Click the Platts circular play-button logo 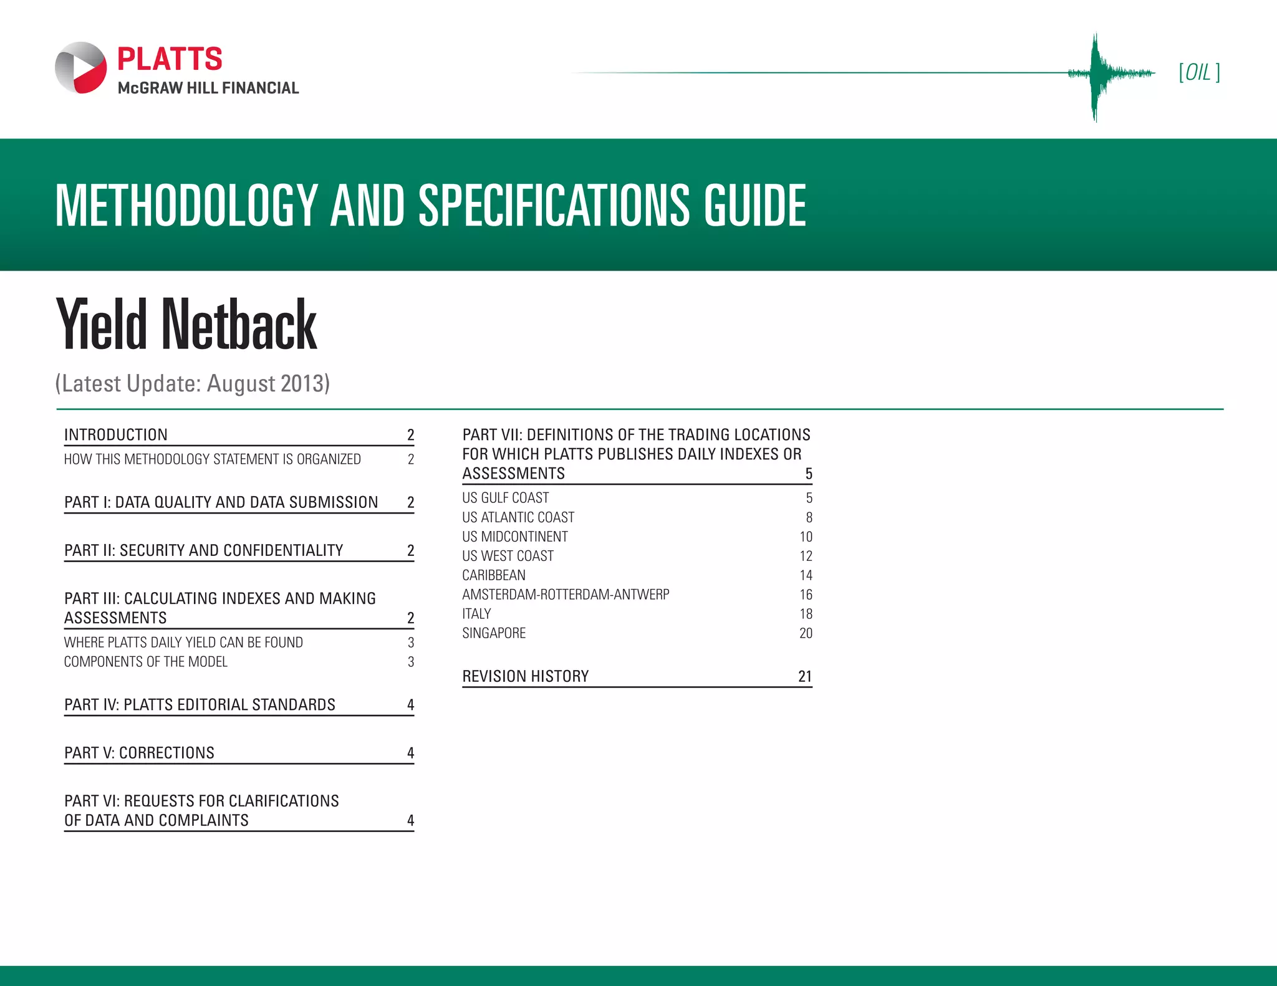81,68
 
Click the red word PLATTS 170,59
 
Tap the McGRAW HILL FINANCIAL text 208,88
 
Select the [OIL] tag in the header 1199,73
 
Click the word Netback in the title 239,325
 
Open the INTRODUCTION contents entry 116,434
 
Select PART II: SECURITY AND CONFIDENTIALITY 204,550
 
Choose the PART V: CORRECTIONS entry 139,753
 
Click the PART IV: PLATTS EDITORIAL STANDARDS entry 200,705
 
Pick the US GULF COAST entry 506,498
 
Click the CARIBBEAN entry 494,575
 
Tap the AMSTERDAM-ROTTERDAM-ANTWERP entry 566,595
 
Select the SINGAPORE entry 494,633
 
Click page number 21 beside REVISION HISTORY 805,676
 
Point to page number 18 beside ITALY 806,614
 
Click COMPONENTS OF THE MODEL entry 146,662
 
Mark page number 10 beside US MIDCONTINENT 806,537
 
